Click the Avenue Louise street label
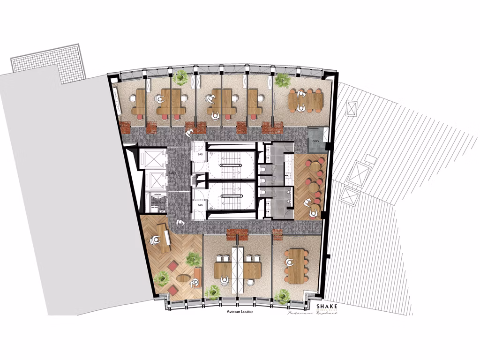237,312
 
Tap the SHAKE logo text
327,306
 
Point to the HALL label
173,173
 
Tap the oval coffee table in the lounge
183,277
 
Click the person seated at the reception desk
155,240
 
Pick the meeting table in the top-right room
305,100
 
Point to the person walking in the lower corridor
180,223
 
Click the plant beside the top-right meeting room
282,80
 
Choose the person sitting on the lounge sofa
195,282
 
